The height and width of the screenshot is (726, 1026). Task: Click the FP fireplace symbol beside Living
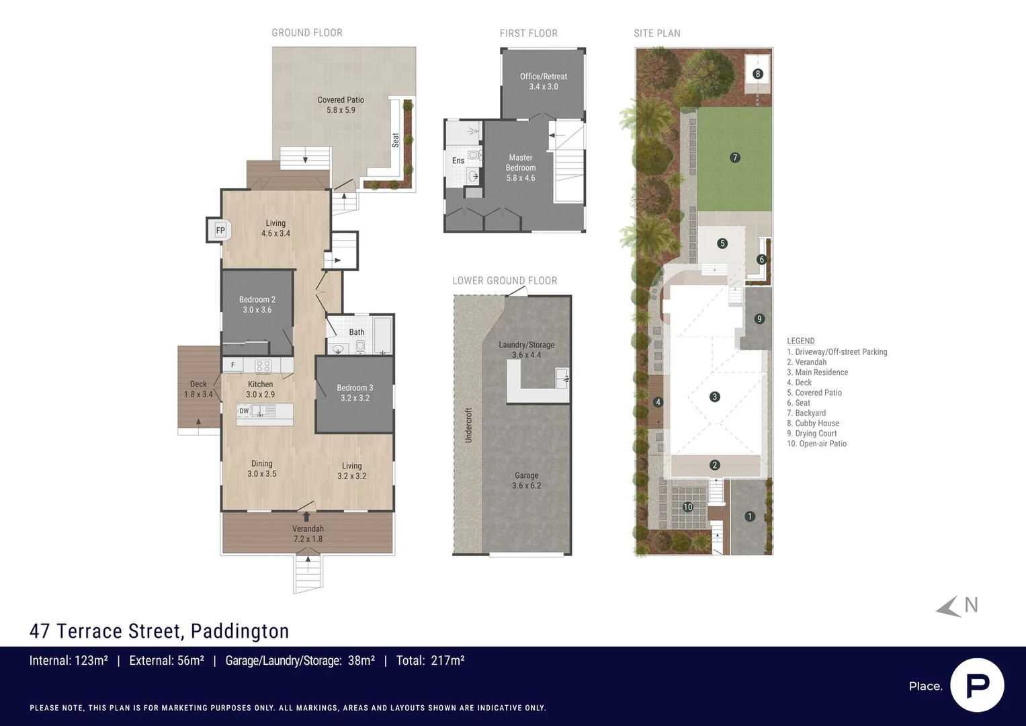click(x=220, y=231)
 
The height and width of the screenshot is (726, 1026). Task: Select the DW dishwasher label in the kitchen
click(x=244, y=411)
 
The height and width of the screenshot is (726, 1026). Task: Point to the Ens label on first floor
click(x=458, y=161)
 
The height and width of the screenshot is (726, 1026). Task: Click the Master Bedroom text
click(x=521, y=167)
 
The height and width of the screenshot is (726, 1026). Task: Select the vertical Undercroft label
click(x=469, y=425)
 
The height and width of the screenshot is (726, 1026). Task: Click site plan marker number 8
click(x=758, y=74)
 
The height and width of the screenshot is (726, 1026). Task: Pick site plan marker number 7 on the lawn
click(x=735, y=158)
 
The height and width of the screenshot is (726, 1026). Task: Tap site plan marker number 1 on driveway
click(x=750, y=516)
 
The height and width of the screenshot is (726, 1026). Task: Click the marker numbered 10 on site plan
click(x=687, y=507)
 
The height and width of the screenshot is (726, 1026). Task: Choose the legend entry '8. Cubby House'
click(x=813, y=424)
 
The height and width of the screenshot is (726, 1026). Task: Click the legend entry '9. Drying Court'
click(x=812, y=434)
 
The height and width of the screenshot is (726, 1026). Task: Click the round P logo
click(x=977, y=685)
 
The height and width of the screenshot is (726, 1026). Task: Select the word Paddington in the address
click(x=240, y=631)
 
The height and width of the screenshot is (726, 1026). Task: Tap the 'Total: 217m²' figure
click(x=430, y=661)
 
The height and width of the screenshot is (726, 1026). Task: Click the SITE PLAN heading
click(x=657, y=33)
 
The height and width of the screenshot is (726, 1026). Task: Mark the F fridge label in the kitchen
click(x=233, y=365)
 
